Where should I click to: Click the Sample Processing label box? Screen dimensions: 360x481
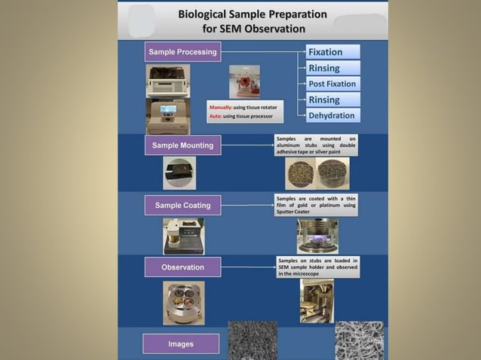tap(182, 52)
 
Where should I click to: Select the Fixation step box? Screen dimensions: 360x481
tap(332, 52)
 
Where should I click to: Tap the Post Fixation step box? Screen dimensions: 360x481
tap(332, 84)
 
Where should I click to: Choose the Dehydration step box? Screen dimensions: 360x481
tap(332, 115)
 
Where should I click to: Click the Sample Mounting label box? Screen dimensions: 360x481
tap(182, 145)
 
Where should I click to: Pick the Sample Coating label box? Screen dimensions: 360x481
tap(182, 205)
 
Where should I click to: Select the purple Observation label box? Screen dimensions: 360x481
tap(182, 267)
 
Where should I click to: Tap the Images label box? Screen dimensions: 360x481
tap(181, 344)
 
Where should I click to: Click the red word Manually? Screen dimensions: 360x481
tap(220, 108)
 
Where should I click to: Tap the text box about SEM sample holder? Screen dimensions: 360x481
tap(317, 267)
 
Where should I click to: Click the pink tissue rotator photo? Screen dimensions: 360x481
tap(244, 81)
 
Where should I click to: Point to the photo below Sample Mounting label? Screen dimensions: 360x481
tap(179, 172)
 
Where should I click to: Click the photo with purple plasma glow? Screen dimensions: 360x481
tap(317, 236)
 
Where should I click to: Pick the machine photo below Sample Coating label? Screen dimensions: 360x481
tap(183, 236)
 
